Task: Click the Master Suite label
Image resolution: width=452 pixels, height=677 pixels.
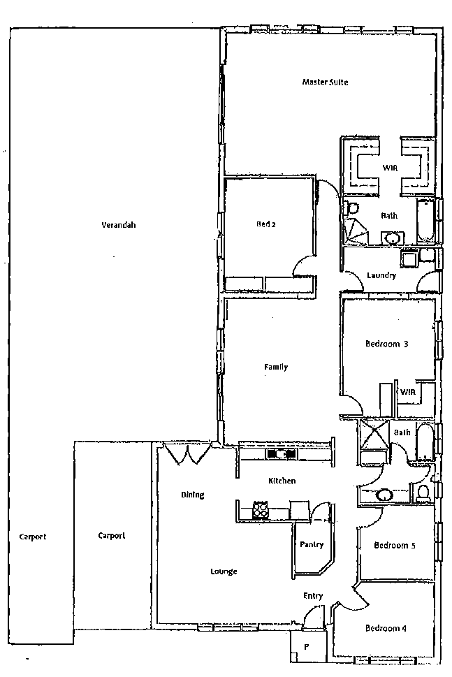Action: click(x=325, y=82)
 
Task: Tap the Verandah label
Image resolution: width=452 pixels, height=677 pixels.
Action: click(x=118, y=225)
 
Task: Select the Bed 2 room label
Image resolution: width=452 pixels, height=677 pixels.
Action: click(x=266, y=224)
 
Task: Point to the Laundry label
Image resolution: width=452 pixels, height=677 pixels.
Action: click(x=381, y=276)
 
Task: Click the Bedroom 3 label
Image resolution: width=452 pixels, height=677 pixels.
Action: click(x=386, y=344)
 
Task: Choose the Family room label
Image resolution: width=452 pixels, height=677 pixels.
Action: click(x=275, y=367)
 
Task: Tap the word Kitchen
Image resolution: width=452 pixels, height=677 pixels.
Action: click(x=282, y=481)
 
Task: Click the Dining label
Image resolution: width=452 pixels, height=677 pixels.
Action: click(x=193, y=495)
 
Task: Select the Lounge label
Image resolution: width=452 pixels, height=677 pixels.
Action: click(x=224, y=572)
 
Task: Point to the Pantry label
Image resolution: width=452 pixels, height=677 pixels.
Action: click(x=311, y=544)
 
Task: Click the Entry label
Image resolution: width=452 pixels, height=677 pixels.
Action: click(x=313, y=596)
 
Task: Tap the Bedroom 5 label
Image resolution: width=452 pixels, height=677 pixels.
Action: click(x=395, y=546)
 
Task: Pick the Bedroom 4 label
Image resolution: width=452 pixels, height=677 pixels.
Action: click(x=386, y=628)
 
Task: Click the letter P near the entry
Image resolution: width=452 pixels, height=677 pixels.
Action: click(x=307, y=647)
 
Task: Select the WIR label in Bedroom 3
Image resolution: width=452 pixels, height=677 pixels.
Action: click(x=408, y=392)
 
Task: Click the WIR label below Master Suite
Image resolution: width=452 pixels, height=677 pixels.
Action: click(x=390, y=168)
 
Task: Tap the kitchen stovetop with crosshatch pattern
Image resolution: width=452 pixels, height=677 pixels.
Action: click(x=261, y=511)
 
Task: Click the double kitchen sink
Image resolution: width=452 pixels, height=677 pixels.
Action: click(x=281, y=454)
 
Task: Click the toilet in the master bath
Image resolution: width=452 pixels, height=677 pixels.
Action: click(x=352, y=208)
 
